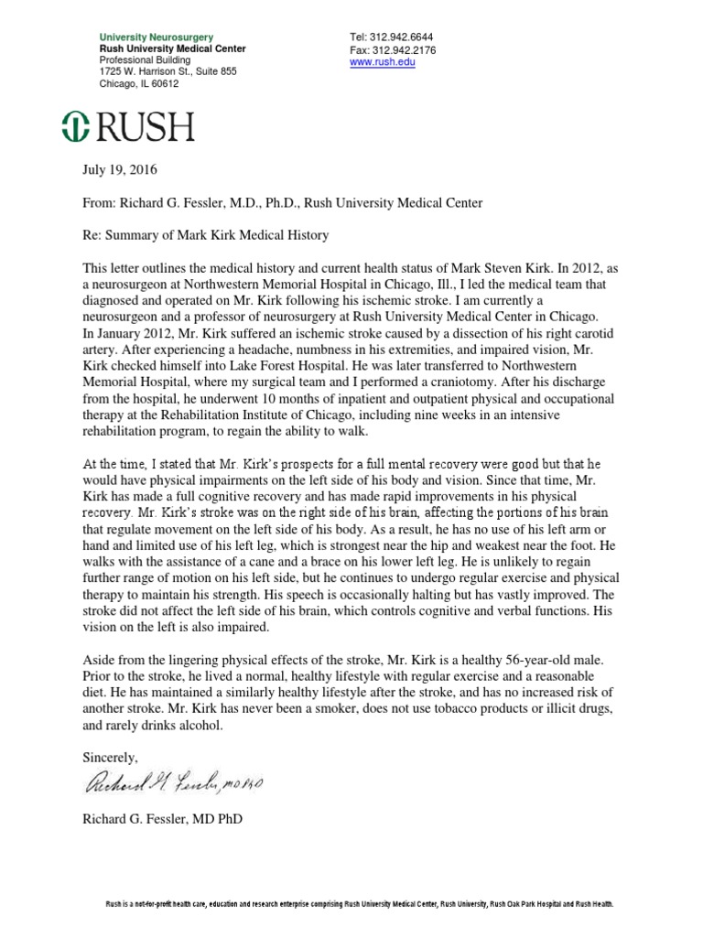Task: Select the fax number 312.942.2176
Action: pos(404,49)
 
